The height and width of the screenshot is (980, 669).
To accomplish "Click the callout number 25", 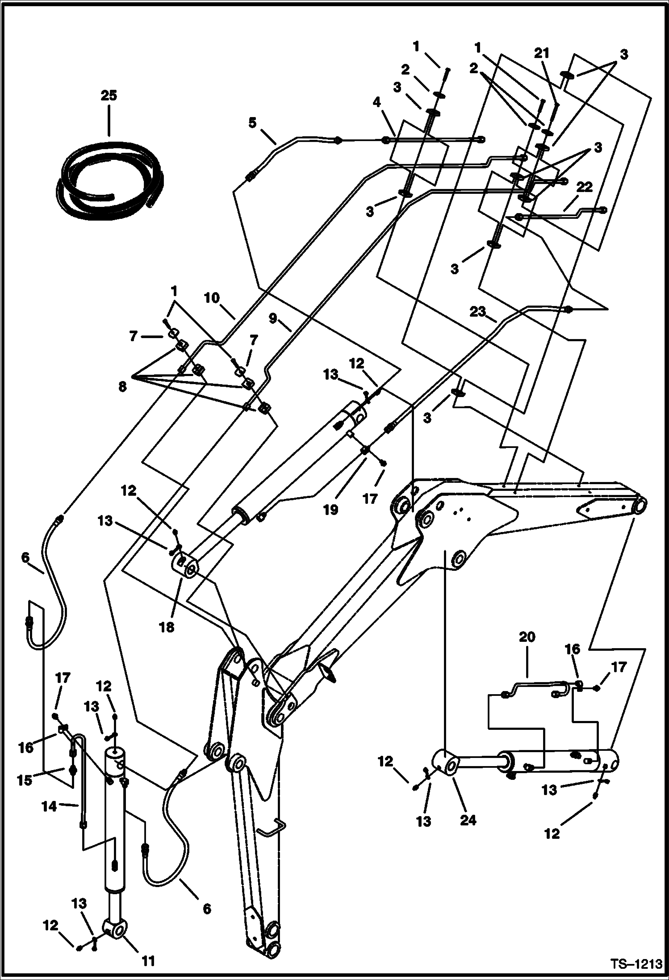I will pos(109,96).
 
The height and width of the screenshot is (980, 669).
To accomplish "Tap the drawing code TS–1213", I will pos(636,963).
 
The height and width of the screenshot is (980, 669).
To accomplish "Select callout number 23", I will pos(477,312).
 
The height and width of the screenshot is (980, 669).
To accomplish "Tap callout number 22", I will pos(584,188).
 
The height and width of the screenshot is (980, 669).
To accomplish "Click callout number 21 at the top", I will pos(542,53).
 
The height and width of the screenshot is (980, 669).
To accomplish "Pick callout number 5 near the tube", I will pos(253,122).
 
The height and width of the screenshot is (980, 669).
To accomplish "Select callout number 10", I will pos(212,297).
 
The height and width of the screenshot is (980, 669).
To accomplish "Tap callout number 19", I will pos(330,510).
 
